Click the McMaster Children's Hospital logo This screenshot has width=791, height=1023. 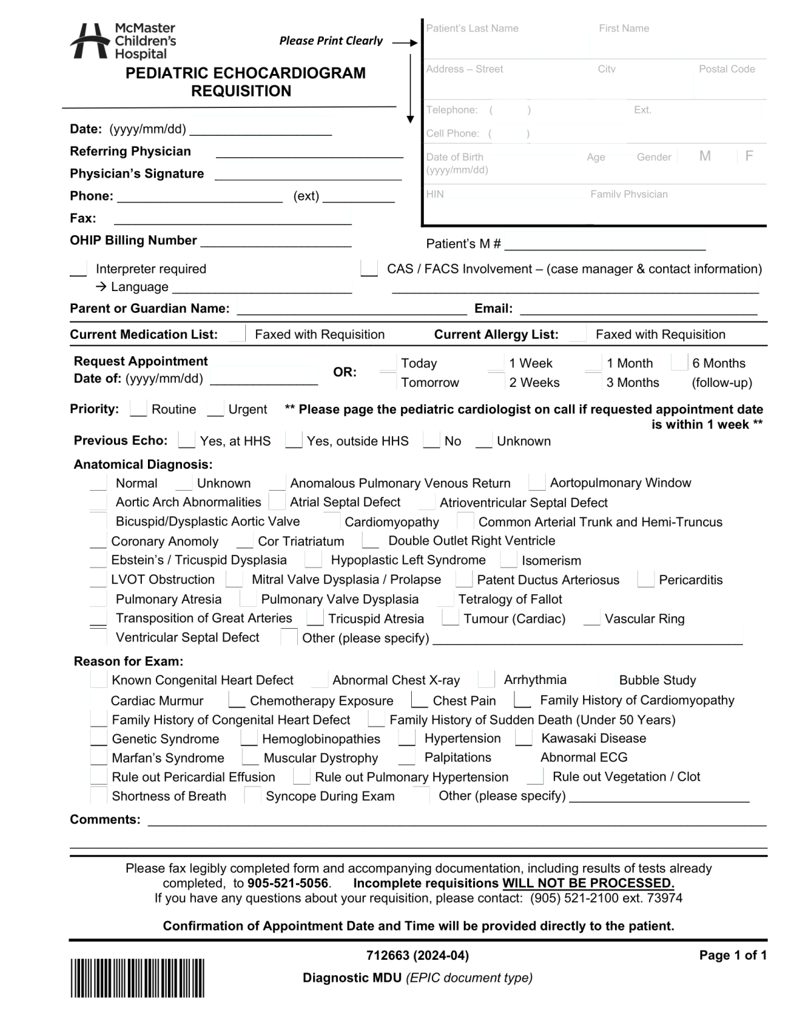[x=123, y=41]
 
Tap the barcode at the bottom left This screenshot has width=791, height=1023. [x=137, y=978]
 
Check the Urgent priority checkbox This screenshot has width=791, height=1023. [x=215, y=410]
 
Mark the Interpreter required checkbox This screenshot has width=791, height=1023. [x=79, y=269]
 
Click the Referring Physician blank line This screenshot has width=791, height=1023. [x=309, y=153]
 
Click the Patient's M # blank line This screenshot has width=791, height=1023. [x=604, y=244]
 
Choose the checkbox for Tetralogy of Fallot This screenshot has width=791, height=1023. [x=446, y=599]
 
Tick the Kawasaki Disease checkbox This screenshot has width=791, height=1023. [x=524, y=739]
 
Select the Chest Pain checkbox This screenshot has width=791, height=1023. [x=419, y=701]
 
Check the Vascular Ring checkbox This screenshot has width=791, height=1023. [x=591, y=619]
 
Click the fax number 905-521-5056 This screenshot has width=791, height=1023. [x=288, y=883]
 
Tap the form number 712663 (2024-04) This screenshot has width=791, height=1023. [x=417, y=955]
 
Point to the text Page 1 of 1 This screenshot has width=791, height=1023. [x=732, y=955]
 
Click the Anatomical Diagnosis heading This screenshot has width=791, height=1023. [x=143, y=464]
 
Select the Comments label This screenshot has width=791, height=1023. [x=105, y=819]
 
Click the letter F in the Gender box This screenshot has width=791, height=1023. [x=749, y=156]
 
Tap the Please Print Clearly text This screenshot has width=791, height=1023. [x=331, y=41]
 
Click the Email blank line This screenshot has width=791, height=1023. [x=638, y=309]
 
